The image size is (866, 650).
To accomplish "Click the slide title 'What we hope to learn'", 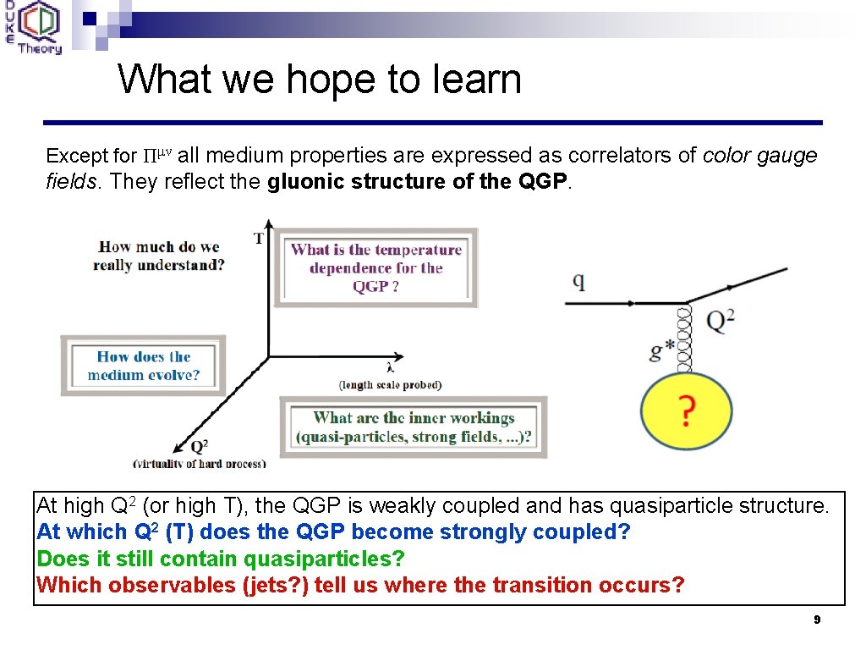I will click(x=320, y=80).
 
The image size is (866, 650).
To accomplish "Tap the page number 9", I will click(x=817, y=620).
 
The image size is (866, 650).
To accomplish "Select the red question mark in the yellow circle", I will click(x=686, y=412).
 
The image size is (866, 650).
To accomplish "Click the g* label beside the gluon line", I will click(x=662, y=350).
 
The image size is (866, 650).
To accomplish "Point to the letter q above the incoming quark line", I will click(x=579, y=280).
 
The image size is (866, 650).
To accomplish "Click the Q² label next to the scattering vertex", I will click(x=720, y=321).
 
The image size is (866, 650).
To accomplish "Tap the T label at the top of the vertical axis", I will click(x=259, y=239).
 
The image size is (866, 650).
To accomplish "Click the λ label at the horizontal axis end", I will click(x=390, y=367).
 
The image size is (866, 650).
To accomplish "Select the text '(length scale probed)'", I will click(x=390, y=384).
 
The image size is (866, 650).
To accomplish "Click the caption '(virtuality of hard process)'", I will click(x=200, y=463).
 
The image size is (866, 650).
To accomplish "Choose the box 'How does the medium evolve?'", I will click(x=143, y=366).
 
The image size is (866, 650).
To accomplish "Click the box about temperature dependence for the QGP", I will click(x=375, y=267).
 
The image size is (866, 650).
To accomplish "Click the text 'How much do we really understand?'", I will click(x=159, y=256).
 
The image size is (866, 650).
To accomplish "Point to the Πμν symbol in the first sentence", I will click(x=156, y=156).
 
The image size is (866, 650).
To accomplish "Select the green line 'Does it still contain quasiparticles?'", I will click(x=221, y=559).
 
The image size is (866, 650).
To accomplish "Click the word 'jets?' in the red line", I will click(x=272, y=585).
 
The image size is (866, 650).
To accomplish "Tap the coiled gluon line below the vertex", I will click(x=685, y=339).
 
